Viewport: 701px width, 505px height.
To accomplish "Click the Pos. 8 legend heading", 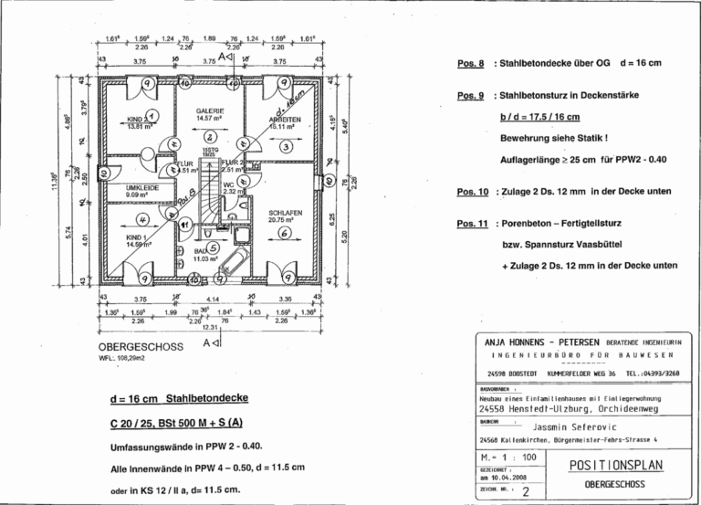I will point(472,65).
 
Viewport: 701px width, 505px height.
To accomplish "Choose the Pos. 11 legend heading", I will point(472,224).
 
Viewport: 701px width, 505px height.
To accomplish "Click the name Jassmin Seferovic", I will point(571,426).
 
